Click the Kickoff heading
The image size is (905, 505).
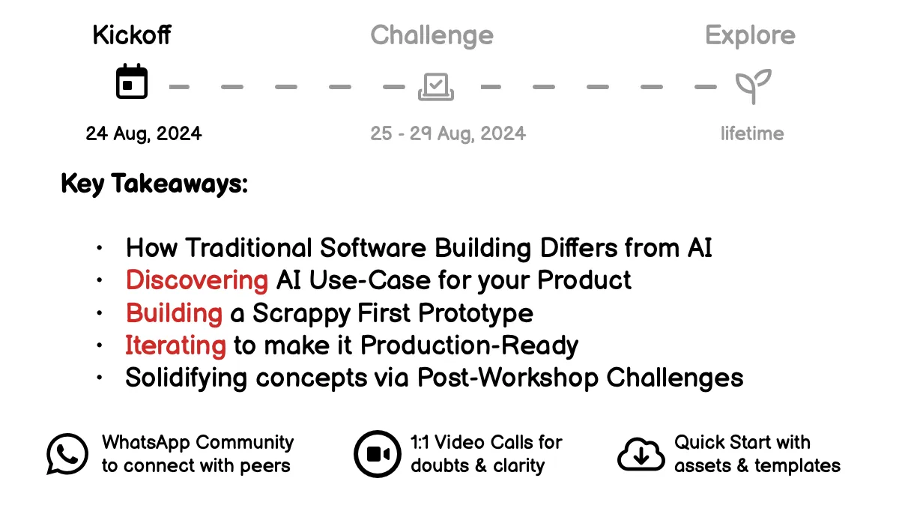(x=132, y=35)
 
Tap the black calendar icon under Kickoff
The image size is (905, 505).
(x=132, y=82)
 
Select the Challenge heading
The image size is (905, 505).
(x=432, y=35)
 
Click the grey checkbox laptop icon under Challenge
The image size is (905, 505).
(x=436, y=86)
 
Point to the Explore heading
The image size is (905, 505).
(x=750, y=35)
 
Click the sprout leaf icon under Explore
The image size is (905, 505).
(x=752, y=86)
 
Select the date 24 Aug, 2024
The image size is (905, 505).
(x=144, y=133)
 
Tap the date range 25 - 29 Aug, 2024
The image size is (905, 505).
(x=448, y=133)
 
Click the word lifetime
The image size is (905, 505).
(x=752, y=133)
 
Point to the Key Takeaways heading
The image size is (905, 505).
(x=154, y=184)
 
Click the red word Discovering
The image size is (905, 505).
(x=197, y=280)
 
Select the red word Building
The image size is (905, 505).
(x=174, y=312)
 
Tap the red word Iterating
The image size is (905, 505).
(x=175, y=345)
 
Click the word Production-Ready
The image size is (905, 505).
(x=470, y=345)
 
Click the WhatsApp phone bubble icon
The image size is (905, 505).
(x=67, y=453)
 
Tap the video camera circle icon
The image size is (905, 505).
(x=377, y=453)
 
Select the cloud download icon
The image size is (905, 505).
(x=641, y=454)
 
